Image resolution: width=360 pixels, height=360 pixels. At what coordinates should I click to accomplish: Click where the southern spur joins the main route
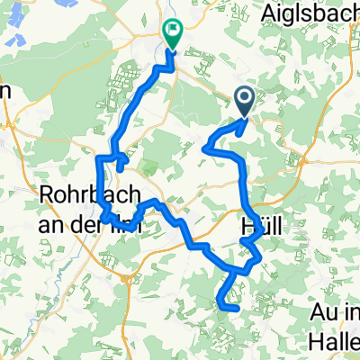point(232,270)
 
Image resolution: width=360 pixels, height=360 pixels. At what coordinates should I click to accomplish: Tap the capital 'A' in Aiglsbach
point(268,13)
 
